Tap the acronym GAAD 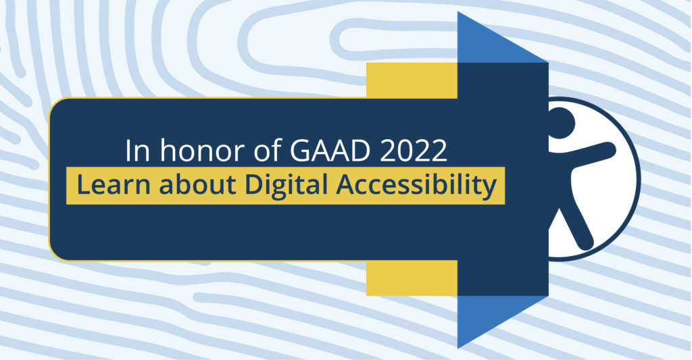pos(329,151)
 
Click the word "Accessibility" pos(416,185)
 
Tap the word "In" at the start pos(138,151)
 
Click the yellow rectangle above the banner pos(412,80)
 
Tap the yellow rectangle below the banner pos(412,278)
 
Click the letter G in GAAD pos(299,151)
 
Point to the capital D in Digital pos(254,184)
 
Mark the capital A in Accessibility pos(346,184)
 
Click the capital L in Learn pos(84,184)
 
